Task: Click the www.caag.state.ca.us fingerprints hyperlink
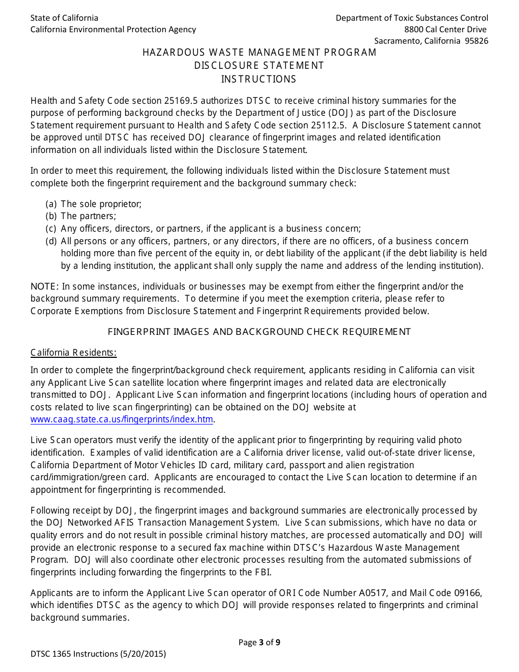(x=122, y=419)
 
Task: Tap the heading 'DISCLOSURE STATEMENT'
(x=259, y=66)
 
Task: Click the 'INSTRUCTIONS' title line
(x=258, y=79)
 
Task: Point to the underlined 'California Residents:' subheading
(x=73, y=352)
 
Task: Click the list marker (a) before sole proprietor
(x=51, y=204)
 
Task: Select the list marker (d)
(x=51, y=241)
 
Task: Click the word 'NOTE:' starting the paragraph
(x=44, y=286)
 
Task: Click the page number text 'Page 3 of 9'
(x=259, y=642)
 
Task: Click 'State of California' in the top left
(x=64, y=18)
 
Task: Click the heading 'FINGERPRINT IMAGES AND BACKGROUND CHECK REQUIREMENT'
(x=259, y=332)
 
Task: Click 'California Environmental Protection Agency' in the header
(x=113, y=30)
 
